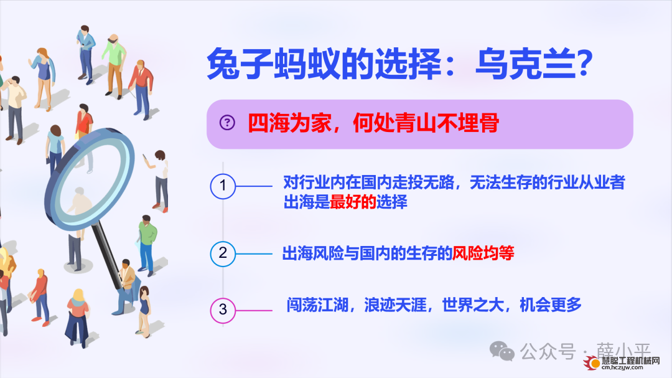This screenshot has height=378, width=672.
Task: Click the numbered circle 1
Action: (223, 186)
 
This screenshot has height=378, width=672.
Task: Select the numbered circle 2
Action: (223, 253)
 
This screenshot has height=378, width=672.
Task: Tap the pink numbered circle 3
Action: (223, 310)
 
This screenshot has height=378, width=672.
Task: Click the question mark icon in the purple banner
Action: (227, 123)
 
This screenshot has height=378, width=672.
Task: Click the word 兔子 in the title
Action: (240, 64)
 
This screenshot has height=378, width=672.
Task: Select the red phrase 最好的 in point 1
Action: (353, 202)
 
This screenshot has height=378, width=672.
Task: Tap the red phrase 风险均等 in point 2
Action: (483, 253)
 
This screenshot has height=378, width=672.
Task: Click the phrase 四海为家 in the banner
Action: (289, 123)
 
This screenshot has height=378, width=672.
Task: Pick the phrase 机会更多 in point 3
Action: (550, 305)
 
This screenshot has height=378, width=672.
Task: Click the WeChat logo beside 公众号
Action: (502, 351)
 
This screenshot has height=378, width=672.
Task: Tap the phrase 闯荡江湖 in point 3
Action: (317, 305)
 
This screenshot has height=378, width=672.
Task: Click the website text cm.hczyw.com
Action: (622, 367)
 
